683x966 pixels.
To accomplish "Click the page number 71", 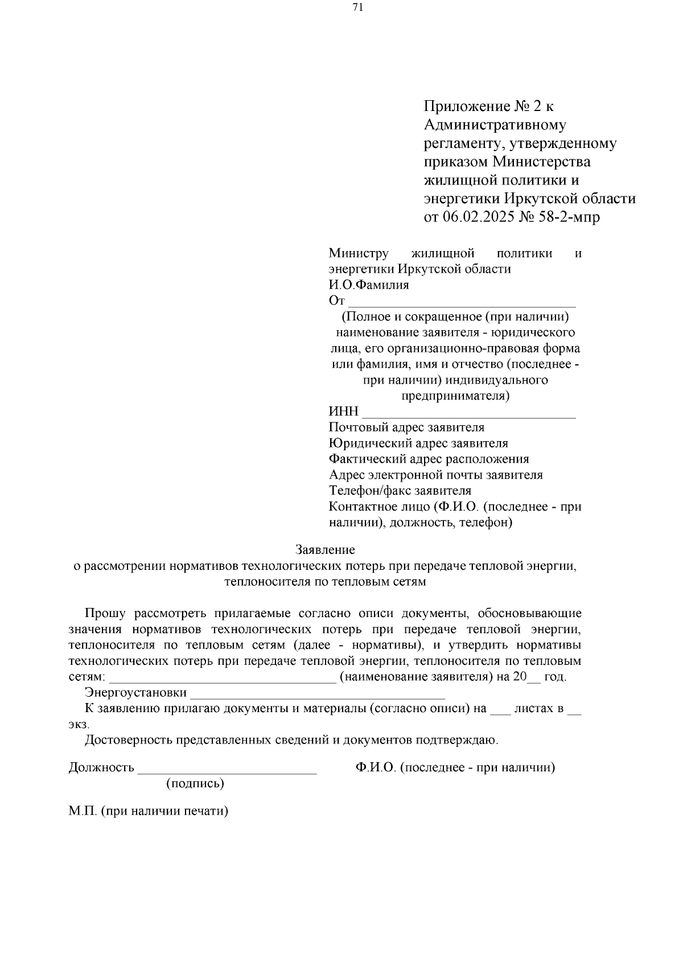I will (358, 7).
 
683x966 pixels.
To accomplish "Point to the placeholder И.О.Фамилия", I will (369, 285).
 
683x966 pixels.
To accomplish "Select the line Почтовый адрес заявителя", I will (406, 427).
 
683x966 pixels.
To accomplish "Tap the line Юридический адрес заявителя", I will (418, 443).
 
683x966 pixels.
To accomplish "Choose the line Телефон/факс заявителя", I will (400, 490).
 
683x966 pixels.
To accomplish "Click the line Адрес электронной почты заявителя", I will (435, 475).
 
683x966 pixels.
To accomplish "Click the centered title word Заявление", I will (325, 550).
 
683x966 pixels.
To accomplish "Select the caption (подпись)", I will (195, 783).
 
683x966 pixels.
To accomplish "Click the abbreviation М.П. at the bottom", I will (83, 811).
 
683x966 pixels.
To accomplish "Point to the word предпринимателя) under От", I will (455, 395).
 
